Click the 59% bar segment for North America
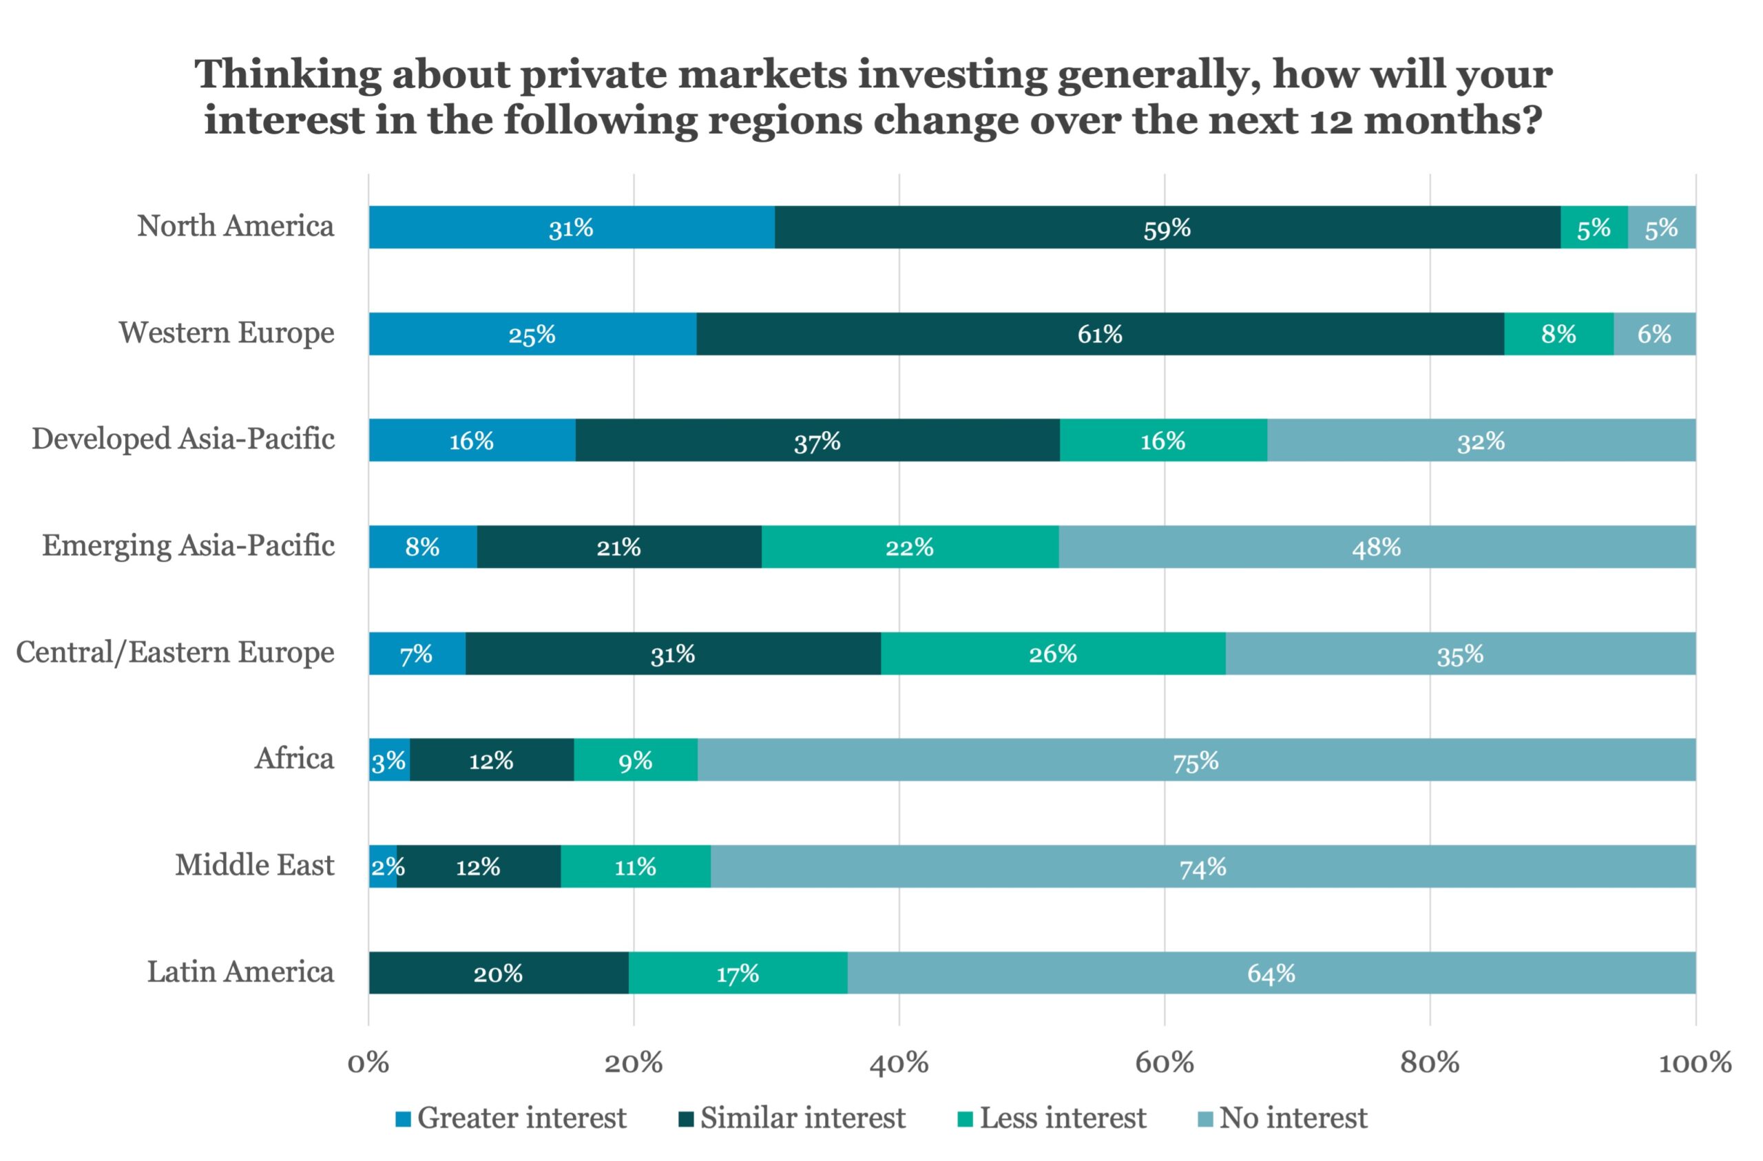pyautogui.click(x=1167, y=227)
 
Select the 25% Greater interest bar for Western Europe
pyautogui.click(x=532, y=334)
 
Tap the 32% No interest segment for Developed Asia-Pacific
pyautogui.click(x=1481, y=441)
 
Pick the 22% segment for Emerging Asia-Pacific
pyautogui.click(x=909, y=547)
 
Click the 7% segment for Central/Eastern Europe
pyautogui.click(x=417, y=653)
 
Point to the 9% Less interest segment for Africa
pyautogui.click(x=635, y=760)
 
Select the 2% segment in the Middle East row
pyautogui.click(x=383, y=866)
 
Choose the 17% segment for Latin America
pyautogui.click(x=737, y=973)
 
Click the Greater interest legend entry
pyautogui.click(x=511, y=1118)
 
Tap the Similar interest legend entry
pyautogui.click(x=792, y=1118)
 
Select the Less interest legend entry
pyautogui.click(x=1052, y=1118)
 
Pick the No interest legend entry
pyautogui.click(x=1282, y=1118)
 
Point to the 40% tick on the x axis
pyautogui.click(x=899, y=1063)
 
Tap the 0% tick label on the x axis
pyautogui.click(x=368, y=1063)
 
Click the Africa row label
pyautogui.click(x=294, y=758)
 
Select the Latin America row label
pyautogui.click(x=240, y=972)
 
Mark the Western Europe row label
pyautogui.click(x=227, y=333)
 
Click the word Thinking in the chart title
pyautogui.click(x=288, y=76)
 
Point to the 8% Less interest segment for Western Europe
pyautogui.click(x=1558, y=334)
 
